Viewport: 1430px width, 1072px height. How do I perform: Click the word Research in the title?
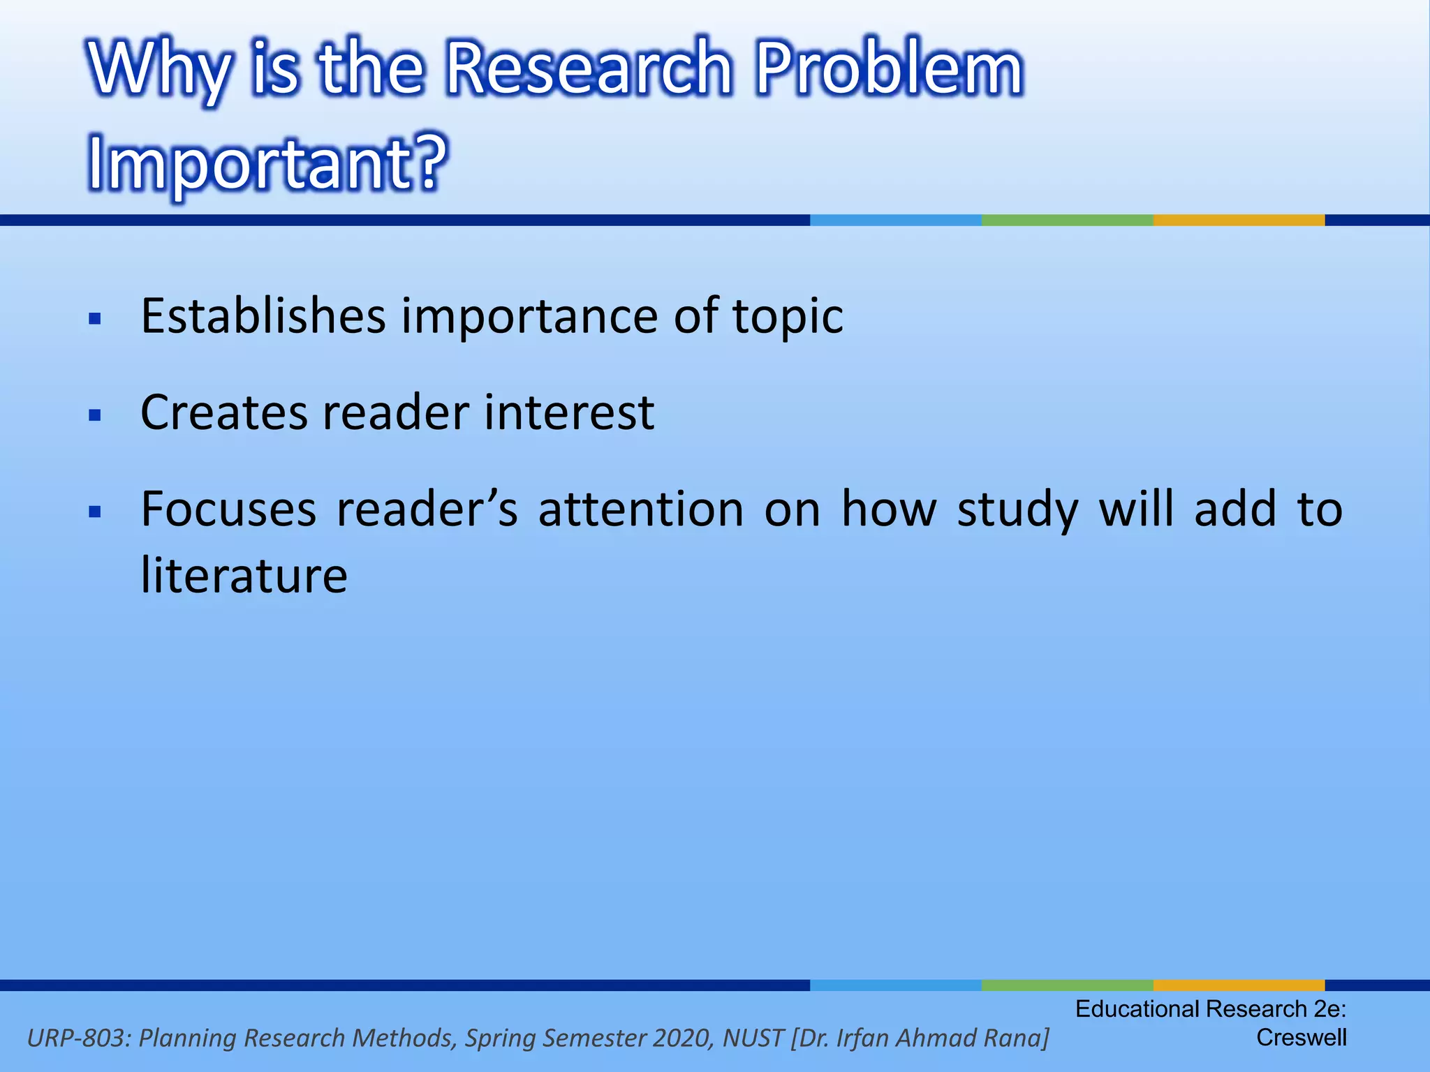[x=588, y=68]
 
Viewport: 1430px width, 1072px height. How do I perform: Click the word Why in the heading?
[x=159, y=70]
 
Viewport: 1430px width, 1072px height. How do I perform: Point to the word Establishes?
[x=263, y=316]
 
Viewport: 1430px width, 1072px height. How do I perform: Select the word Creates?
[x=223, y=412]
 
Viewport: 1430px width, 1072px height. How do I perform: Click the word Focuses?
[x=228, y=509]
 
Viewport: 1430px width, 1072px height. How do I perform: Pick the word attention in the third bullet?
[x=640, y=509]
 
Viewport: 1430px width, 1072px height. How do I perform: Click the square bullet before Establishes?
[x=96, y=320]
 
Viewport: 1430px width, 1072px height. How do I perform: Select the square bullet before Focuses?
[x=96, y=512]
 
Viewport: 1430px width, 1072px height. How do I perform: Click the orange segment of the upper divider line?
[x=1239, y=220]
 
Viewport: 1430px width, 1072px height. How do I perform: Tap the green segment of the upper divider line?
[x=1067, y=220]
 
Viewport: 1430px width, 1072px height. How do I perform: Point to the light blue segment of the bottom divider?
[x=895, y=985]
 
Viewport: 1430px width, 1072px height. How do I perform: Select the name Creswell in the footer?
[x=1301, y=1038]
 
